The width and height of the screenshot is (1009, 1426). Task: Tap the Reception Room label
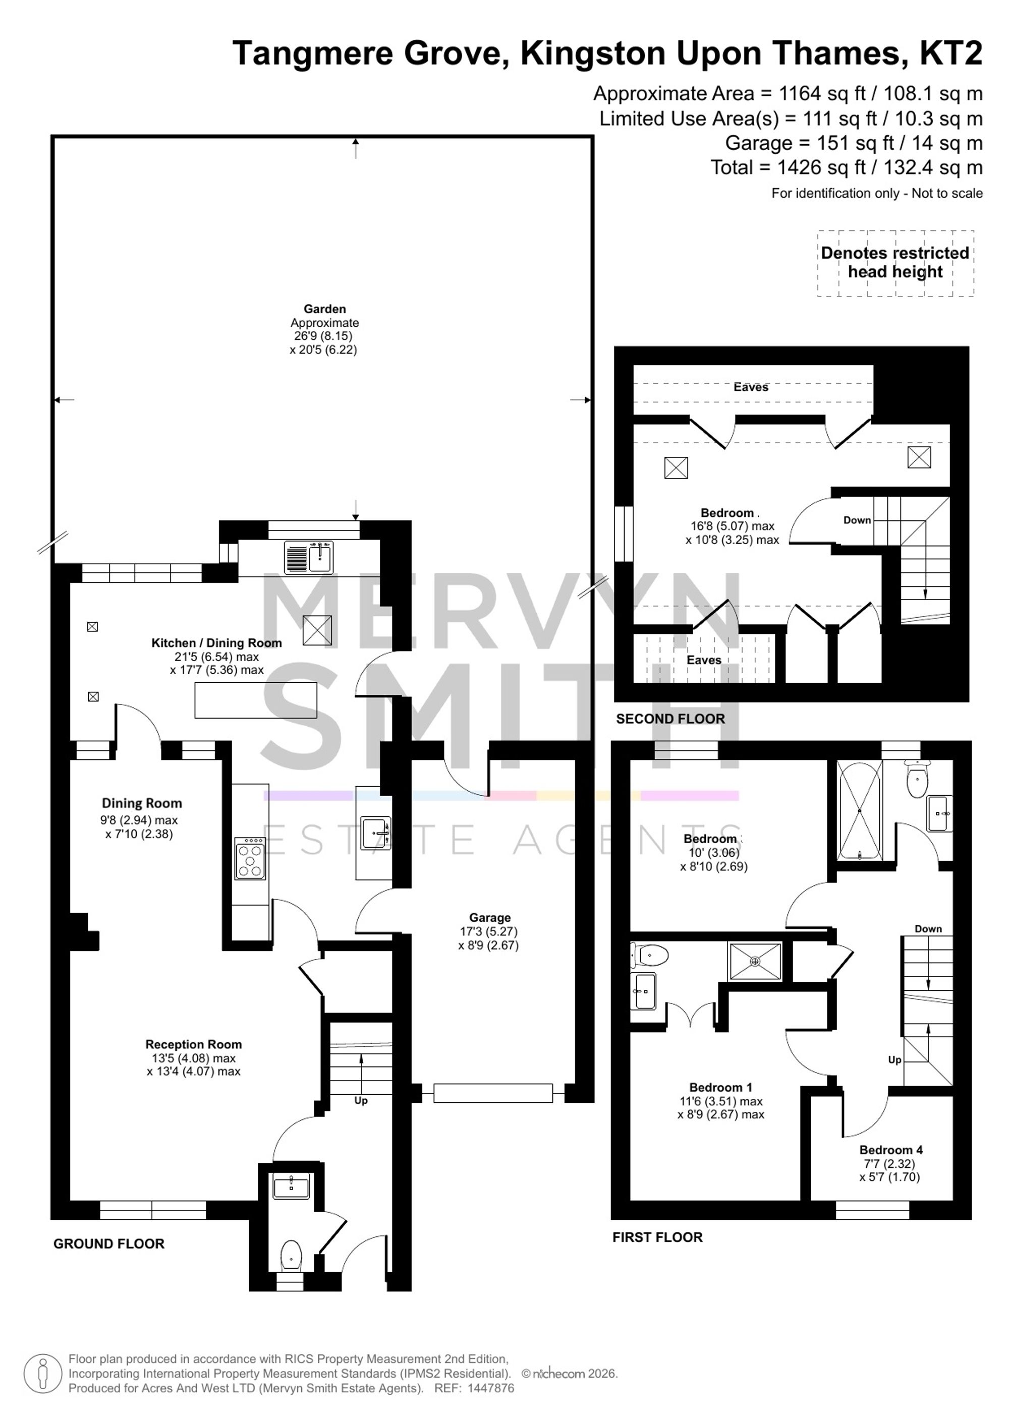tap(193, 1044)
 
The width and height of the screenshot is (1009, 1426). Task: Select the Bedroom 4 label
tap(891, 1150)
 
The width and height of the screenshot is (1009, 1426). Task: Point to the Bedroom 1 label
tap(721, 1087)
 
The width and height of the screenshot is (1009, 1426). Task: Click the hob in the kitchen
tap(250, 858)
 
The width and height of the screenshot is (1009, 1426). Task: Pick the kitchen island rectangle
tap(256, 700)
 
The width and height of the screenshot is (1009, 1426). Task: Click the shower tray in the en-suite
tap(755, 962)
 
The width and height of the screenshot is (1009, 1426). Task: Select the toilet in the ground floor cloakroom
tap(291, 1255)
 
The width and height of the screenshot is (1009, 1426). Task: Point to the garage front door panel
tap(493, 1093)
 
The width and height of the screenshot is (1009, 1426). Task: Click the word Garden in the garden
tap(324, 309)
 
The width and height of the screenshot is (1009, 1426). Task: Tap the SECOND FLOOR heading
tap(670, 719)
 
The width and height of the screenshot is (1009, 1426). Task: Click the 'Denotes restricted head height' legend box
tap(895, 263)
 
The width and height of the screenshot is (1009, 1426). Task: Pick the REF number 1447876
tap(491, 1388)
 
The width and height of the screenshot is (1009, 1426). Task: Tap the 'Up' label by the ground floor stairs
tap(361, 1117)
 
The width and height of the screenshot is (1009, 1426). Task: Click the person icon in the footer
tap(43, 1373)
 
